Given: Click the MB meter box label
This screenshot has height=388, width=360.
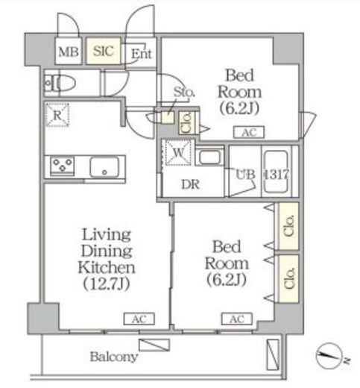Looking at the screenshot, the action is (69, 51).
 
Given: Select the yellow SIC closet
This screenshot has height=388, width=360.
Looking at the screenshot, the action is (104, 51).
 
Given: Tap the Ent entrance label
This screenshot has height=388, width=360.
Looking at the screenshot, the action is (141, 53).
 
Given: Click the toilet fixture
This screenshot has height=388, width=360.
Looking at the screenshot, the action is (60, 83).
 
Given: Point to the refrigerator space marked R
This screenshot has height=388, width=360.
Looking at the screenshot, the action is (57, 115).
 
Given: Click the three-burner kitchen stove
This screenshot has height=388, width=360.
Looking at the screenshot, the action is (63, 166).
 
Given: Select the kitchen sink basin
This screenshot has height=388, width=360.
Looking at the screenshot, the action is (104, 167).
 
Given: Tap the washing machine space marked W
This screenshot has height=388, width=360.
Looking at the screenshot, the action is (178, 152).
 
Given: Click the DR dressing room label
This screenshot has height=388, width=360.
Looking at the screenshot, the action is (191, 184).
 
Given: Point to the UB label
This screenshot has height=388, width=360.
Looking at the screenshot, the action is (245, 175).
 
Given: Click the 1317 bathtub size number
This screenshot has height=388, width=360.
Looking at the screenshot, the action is (277, 174).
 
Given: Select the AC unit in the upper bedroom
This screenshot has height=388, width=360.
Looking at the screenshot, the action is (249, 132).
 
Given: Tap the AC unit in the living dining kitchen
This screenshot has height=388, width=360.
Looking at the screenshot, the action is (139, 319).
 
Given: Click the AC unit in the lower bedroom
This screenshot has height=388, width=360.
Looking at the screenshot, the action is (237, 319).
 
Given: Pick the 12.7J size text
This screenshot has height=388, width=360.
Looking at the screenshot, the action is (107, 284).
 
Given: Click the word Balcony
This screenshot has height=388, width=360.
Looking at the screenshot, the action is (114, 357).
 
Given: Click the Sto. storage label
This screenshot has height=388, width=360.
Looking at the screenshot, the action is (184, 92).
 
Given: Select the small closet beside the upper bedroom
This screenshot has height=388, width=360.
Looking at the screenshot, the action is (187, 123).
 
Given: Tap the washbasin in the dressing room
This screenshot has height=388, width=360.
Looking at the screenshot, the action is (209, 157).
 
